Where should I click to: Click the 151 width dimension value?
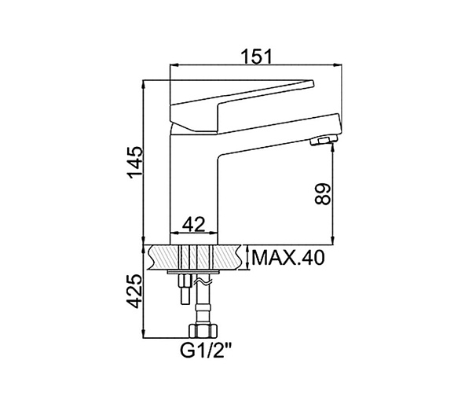click(257, 57)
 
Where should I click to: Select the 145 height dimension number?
click(135, 163)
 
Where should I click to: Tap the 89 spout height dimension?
click(322, 194)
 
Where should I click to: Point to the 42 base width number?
click(194, 225)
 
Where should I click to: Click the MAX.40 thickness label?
click(288, 258)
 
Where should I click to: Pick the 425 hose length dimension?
click(134, 292)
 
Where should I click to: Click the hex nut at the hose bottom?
click(203, 331)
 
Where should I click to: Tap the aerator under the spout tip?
click(324, 141)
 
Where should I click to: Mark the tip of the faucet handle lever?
click(313, 83)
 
